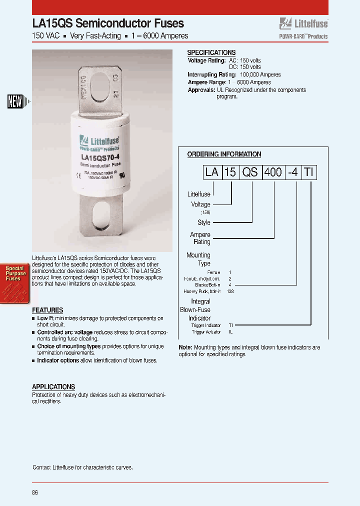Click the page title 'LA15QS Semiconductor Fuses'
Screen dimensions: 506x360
108,23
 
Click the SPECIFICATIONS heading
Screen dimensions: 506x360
211,52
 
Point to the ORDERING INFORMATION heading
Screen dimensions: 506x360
224,154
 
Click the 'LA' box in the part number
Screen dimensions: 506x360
212,172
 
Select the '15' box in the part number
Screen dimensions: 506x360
230,172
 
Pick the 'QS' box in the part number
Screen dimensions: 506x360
250,172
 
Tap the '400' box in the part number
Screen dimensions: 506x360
272,172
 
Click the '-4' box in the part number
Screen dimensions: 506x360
292,172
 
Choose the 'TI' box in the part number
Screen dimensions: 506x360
309,172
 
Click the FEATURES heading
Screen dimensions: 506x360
47,310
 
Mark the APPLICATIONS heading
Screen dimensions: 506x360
53,386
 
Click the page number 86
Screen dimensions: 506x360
35,492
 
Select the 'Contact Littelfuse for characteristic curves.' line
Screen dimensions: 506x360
82,467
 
